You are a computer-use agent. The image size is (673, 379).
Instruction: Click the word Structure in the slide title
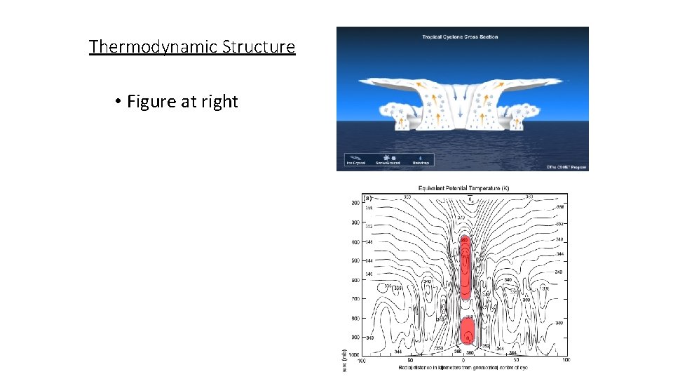[259, 47]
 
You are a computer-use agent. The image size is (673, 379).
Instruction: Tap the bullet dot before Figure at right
[119, 102]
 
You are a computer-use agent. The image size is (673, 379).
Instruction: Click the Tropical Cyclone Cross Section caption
[460, 36]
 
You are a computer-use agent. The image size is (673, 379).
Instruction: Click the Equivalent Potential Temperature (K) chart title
[463, 188]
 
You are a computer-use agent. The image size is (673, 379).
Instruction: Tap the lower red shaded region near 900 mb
[468, 331]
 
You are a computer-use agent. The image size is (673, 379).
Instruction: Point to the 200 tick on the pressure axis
[355, 203]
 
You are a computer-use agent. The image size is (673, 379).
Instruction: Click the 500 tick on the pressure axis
[355, 261]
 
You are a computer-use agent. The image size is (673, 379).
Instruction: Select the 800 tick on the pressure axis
[355, 318]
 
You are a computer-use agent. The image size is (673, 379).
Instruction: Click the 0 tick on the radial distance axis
[463, 361]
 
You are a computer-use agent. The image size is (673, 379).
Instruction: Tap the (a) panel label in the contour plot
[367, 198]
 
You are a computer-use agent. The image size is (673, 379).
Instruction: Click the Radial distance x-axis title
[463, 367]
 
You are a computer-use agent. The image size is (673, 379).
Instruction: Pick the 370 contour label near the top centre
[461, 218]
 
